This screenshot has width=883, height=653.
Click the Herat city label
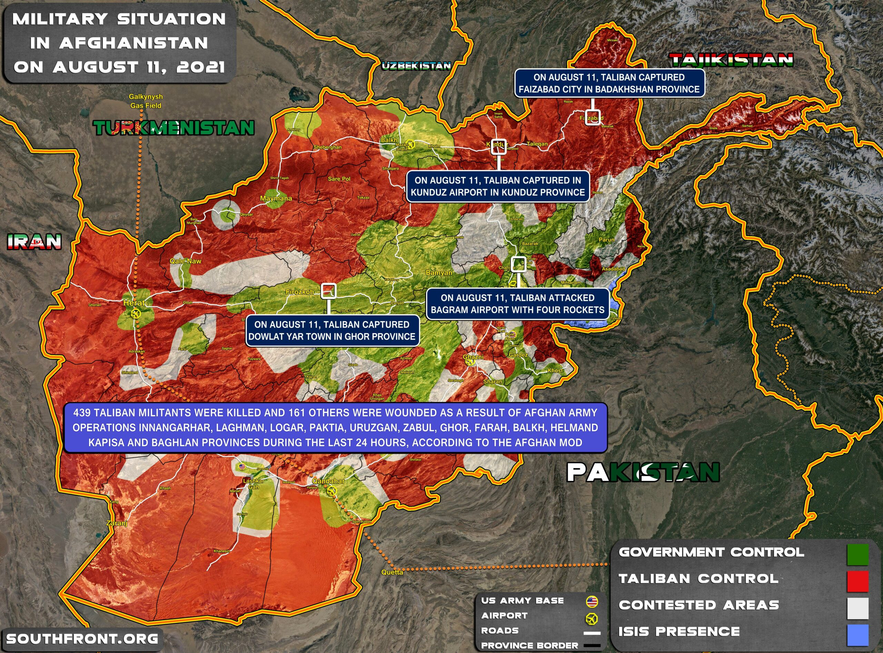pos(134,303)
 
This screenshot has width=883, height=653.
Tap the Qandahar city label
pos(328,481)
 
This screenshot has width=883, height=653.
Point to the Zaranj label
pos(117,523)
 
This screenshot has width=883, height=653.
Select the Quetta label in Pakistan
pos(392,572)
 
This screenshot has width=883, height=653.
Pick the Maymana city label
pos(276,198)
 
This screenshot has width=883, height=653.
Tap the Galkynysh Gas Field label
pos(146,101)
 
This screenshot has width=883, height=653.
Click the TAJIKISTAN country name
pos(731,60)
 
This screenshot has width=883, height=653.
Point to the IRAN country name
pos(34,242)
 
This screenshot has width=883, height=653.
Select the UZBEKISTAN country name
pos(416,66)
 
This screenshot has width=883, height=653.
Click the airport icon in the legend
pos(592,618)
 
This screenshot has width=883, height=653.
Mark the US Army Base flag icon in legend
pos(592,602)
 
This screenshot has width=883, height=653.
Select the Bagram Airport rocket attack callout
pos(517,304)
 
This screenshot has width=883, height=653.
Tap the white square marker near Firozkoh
pos(329,291)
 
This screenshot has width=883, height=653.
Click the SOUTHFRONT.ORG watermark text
pos(82,639)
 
